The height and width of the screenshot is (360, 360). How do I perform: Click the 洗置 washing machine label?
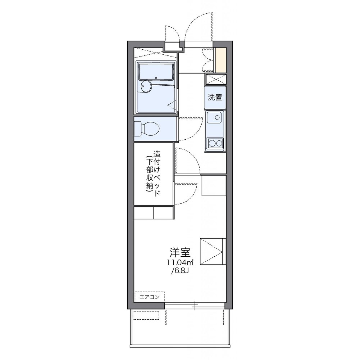point(215,98)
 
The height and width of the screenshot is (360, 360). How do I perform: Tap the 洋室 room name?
point(180,252)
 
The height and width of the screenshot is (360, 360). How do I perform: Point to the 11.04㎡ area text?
point(180,262)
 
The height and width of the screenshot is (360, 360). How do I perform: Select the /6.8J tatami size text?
point(180,271)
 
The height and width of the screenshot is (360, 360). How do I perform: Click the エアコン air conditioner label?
point(150,297)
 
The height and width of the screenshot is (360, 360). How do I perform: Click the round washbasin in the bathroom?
point(146,86)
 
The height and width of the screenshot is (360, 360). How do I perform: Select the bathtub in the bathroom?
point(156,72)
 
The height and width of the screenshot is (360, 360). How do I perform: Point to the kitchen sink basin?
point(214,117)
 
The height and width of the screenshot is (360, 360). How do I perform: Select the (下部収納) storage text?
point(150,174)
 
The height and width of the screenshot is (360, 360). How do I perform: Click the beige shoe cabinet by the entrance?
point(221,60)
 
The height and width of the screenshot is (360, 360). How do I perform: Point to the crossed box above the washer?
point(215,79)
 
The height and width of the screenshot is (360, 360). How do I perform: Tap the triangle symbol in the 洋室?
point(211,252)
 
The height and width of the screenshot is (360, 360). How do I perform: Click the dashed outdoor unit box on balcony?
point(146,315)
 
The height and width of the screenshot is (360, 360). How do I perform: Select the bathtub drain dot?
point(156,77)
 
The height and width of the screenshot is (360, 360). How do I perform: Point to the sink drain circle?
point(217,117)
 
